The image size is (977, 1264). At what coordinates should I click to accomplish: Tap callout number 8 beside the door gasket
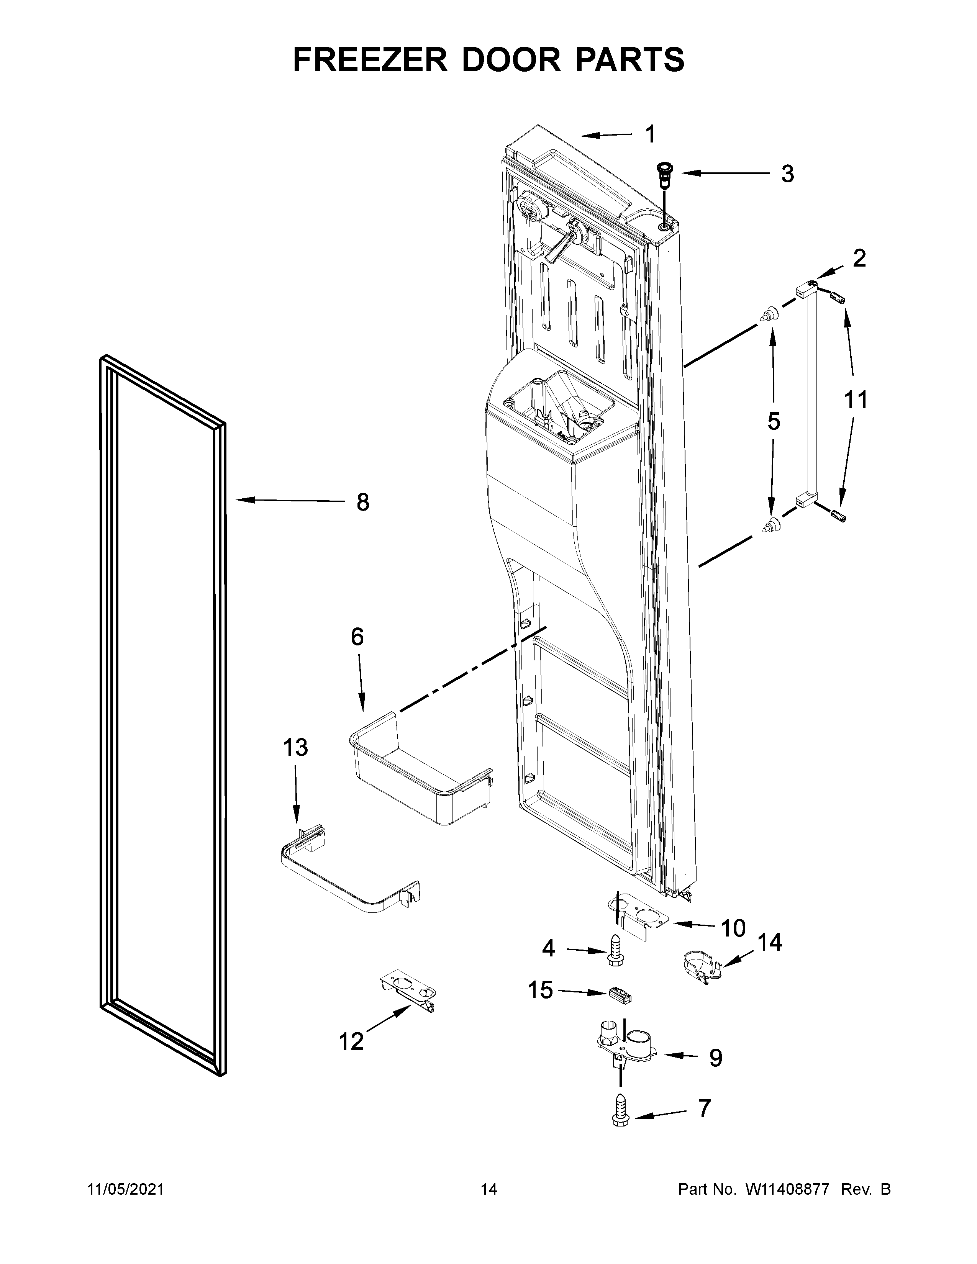pyautogui.click(x=362, y=503)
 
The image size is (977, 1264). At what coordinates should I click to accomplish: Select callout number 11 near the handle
pyautogui.click(x=856, y=400)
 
